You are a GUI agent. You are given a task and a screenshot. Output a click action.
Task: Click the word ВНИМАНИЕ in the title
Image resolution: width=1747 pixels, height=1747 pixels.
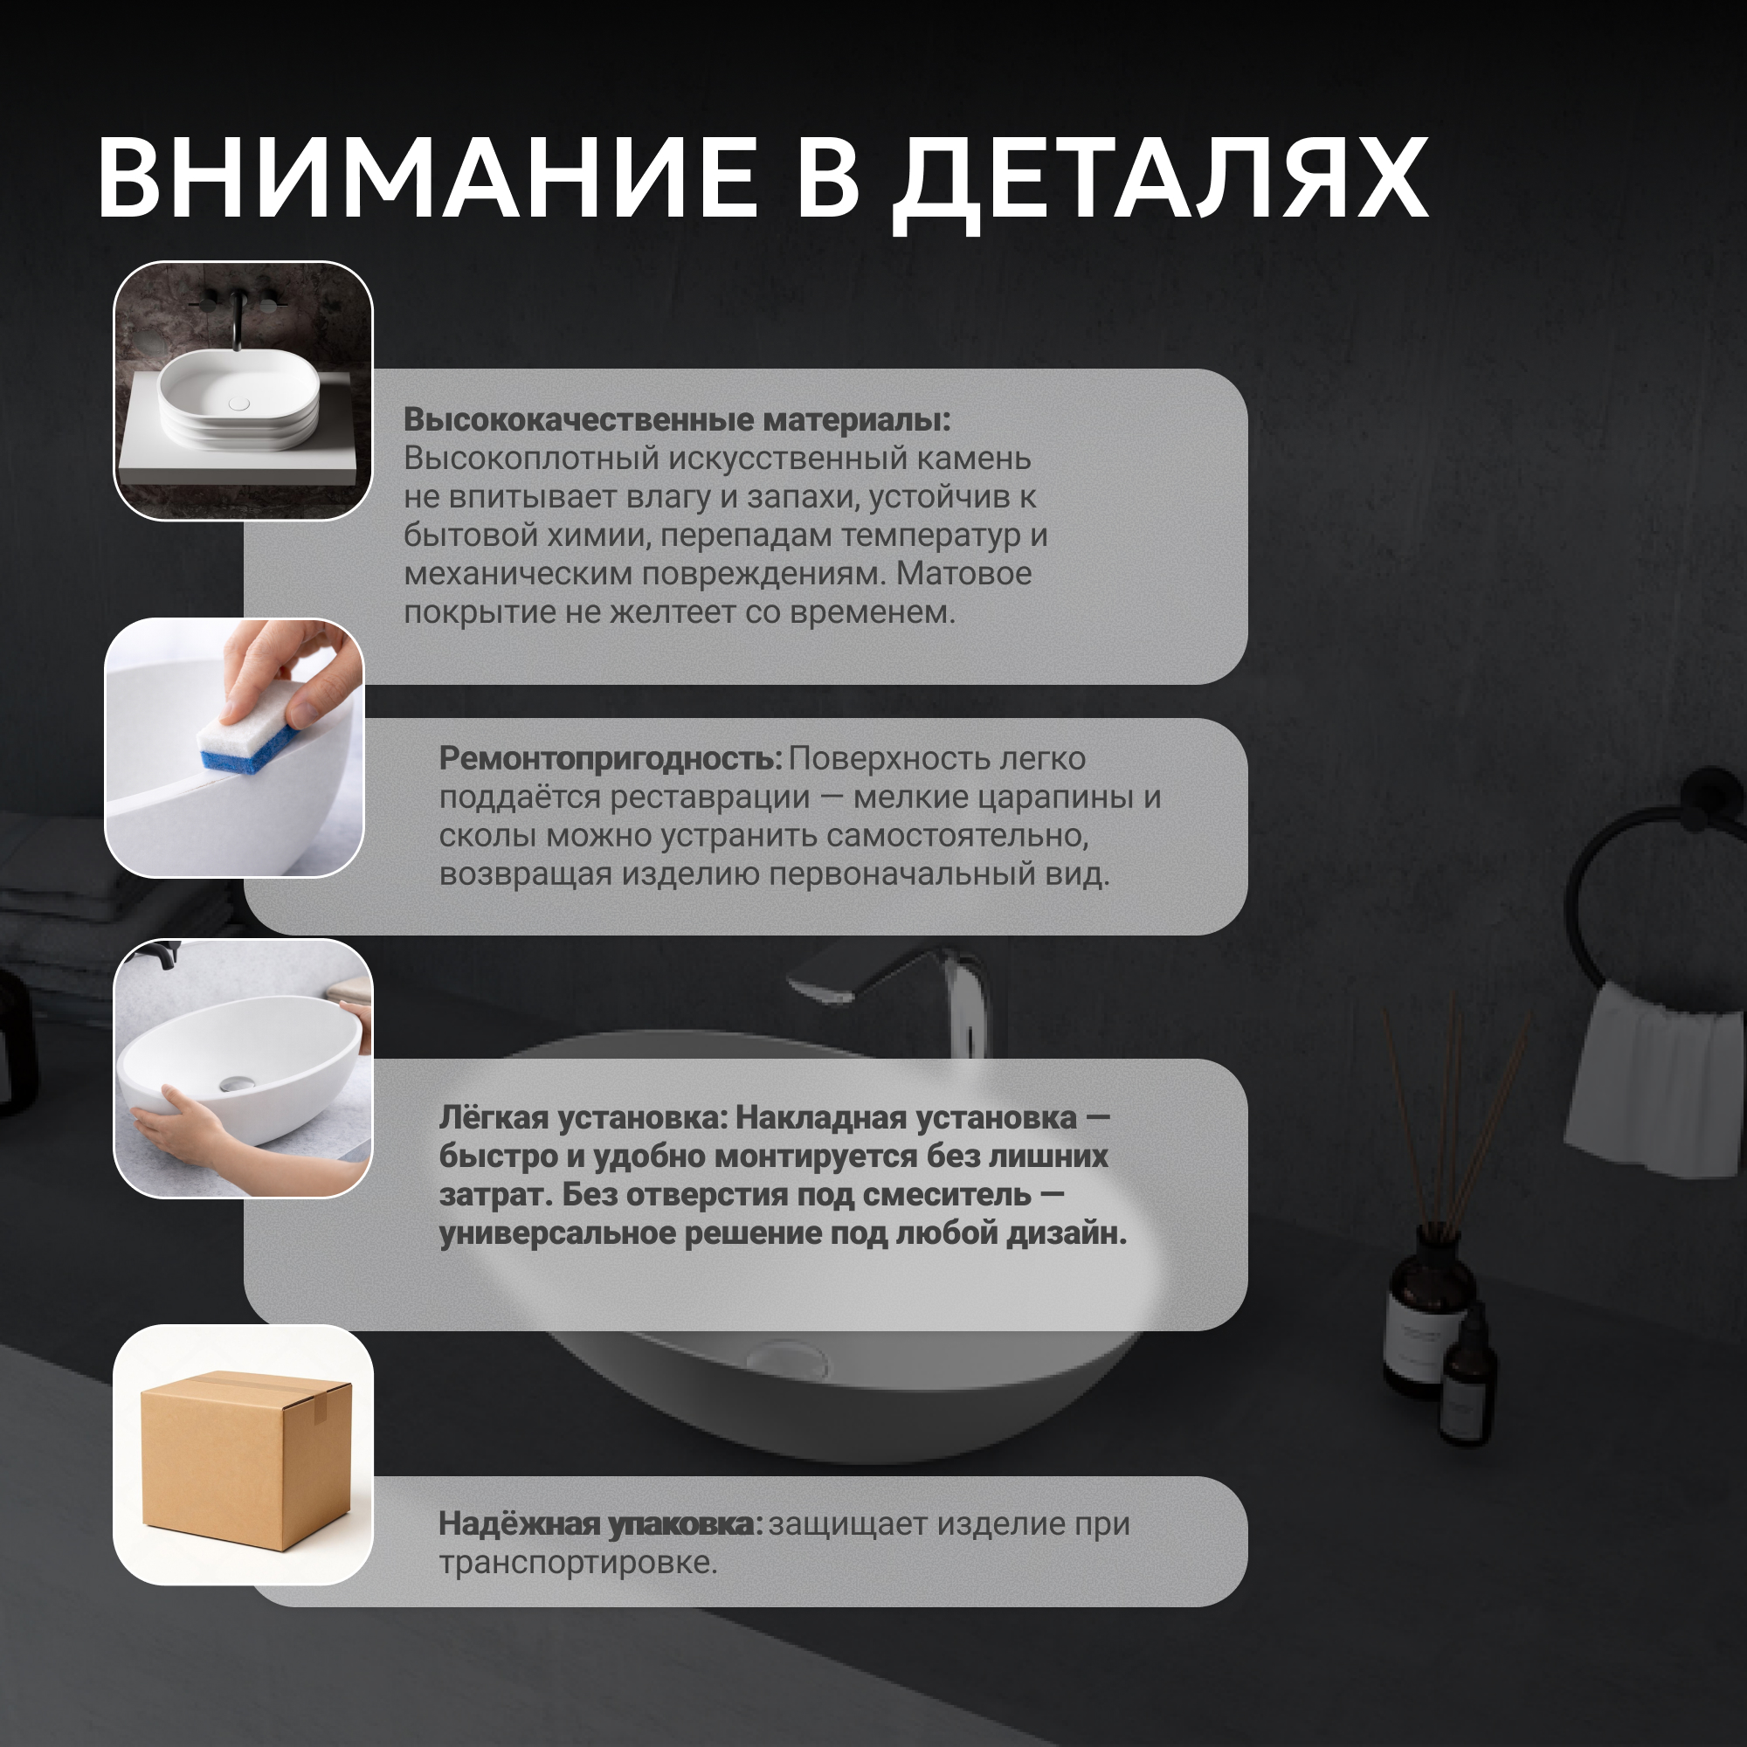(427, 177)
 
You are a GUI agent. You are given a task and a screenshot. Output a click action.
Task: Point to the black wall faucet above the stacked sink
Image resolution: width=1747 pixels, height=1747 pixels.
(238, 316)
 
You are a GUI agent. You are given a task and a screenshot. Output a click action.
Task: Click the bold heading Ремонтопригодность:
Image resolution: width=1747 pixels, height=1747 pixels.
(611, 759)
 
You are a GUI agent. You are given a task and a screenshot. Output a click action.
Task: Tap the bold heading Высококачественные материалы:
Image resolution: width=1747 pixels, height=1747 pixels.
(677, 419)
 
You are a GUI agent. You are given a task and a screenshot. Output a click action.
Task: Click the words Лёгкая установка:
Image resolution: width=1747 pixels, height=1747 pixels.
(583, 1118)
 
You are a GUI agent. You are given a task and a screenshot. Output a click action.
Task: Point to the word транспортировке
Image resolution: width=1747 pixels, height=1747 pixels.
(577, 1563)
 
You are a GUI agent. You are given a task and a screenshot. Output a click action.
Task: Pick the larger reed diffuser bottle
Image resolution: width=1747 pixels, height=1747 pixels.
(1428, 1311)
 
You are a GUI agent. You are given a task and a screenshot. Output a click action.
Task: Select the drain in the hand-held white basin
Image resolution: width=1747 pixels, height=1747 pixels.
(238, 1082)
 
